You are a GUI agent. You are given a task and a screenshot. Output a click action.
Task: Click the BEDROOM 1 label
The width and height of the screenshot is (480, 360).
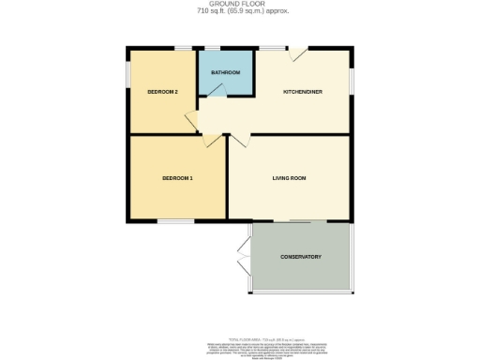tap(177, 178)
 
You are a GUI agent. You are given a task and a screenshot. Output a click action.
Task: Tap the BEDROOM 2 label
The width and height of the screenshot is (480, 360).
tap(163, 92)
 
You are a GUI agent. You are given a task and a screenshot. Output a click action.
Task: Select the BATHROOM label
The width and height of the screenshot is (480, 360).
tap(225, 73)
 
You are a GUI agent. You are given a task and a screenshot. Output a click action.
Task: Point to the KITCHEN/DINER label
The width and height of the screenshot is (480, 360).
tap(303, 92)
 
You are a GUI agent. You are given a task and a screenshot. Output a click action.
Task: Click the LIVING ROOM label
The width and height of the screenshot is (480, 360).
tap(290, 178)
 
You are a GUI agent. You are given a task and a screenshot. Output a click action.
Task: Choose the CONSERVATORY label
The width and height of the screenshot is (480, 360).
tap(301, 257)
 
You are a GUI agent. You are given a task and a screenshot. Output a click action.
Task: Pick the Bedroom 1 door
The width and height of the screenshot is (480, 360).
tap(212, 142)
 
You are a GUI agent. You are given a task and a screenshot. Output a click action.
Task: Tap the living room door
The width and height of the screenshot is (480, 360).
tap(238, 142)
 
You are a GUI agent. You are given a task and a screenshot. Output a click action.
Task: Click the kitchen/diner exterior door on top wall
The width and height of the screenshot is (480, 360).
tap(296, 54)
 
